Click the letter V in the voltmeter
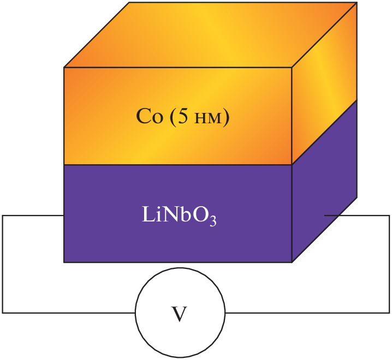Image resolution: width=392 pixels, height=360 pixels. click(180, 314)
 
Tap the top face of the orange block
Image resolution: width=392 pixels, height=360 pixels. click(210, 34)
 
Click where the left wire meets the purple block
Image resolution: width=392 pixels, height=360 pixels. click(64, 215)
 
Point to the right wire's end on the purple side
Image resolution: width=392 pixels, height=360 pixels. click(325, 215)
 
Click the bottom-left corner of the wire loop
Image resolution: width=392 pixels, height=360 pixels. click(3, 313)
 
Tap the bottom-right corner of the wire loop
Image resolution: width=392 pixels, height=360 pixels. click(389, 313)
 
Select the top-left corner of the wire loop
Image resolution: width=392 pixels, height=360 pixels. click(3, 215)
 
